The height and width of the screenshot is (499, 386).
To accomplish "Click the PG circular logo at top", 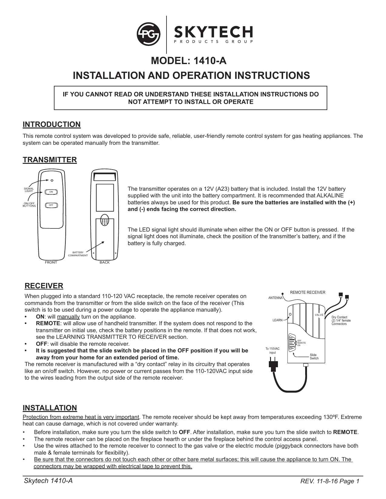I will [148, 34].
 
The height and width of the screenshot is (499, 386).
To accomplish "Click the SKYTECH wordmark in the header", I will [213, 31].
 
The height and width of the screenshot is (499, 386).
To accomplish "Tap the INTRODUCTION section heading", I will [52, 125].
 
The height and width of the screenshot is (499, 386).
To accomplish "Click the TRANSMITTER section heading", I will [50, 160].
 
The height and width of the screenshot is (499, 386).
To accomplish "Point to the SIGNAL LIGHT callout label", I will [29, 190].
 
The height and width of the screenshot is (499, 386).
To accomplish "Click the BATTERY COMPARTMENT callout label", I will [78, 254].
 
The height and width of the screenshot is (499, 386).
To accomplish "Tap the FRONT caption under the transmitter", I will [51, 262].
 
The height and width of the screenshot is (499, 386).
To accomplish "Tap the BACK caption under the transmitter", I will [104, 262].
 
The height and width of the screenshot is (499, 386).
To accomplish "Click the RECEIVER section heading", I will [44, 286].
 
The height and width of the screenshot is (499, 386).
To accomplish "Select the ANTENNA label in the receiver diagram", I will [275, 298].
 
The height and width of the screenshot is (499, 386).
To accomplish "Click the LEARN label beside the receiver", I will [277, 320].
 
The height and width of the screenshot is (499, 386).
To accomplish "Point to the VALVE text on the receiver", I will [319, 315].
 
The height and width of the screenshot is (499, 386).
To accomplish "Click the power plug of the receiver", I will [273, 365].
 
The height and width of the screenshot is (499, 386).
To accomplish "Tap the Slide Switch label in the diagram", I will [314, 357].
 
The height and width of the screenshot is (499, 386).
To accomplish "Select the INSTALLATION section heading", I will [50, 408].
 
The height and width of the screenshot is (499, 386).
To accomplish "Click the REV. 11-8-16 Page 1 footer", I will [334, 481].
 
